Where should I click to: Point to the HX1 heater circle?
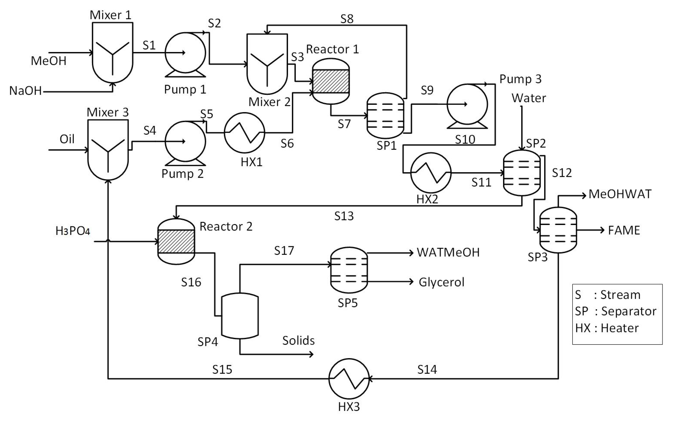[x=244, y=133]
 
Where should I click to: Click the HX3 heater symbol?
[x=349, y=379]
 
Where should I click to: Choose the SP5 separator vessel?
[x=349, y=270]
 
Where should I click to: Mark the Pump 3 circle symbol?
[x=467, y=104]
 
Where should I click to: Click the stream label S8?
[x=347, y=19]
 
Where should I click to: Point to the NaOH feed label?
[x=25, y=91]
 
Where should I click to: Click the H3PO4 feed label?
[x=73, y=231]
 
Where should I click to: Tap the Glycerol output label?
[x=441, y=282]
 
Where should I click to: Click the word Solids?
[x=298, y=340]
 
